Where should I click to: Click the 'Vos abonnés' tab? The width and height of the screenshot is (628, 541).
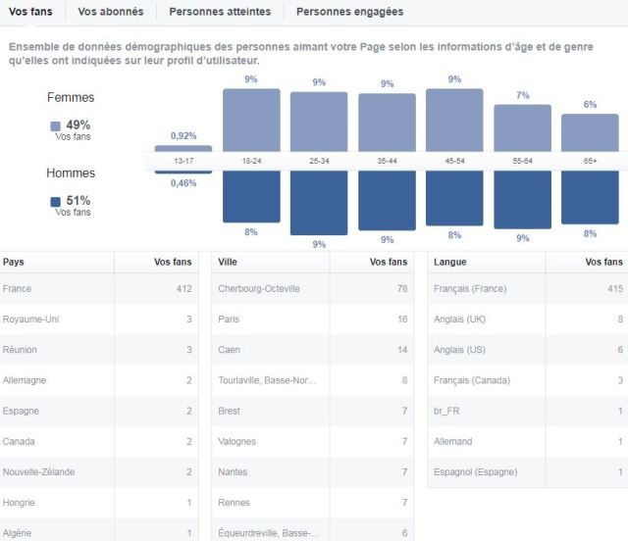click(x=110, y=12)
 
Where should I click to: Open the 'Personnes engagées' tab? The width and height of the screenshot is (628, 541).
click(x=349, y=12)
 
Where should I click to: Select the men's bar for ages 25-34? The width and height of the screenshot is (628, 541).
click(x=319, y=203)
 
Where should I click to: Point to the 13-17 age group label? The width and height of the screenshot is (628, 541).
click(x=183, y=160)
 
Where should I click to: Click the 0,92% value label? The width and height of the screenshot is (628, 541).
click(x=183, y=136)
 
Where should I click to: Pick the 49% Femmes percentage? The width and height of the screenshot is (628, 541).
click(x=78, y=125)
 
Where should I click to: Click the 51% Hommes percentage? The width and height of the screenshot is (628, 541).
click(x=78, y=201)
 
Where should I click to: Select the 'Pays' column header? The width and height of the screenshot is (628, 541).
click(x=14, y=262)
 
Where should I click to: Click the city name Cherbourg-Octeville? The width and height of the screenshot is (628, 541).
click(x=259, y=289)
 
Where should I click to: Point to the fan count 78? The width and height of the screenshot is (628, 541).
click(x=400, y=289)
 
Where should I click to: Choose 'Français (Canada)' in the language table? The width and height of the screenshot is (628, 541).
click(x=472, y=380)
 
